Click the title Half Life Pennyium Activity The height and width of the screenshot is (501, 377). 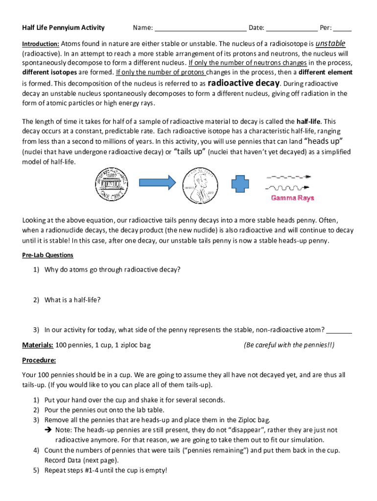pyautogui.click(x=63, y=27)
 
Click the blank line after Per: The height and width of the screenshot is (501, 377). pyautogui.click(x=343, y=28)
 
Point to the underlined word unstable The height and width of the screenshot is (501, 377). pyautogui.click(x=330, y=43)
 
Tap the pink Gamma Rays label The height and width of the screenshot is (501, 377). pyautogui.click(x=293, y=198)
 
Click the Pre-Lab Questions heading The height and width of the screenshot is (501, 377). pyautogui.click(x=47, y=255)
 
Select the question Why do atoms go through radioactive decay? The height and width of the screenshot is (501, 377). pyautogui.click(x=112, y=269)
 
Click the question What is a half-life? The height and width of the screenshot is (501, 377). pyautogui.click(x=72, y=299)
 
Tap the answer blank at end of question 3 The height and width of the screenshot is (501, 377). pyautogui.click(x=339, y=330)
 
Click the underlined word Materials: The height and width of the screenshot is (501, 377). pyautogui.click(x=38, y=345)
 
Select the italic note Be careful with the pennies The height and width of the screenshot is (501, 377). pyautogui.click(x=289, y=345)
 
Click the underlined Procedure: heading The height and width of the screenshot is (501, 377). pyautogui.click(x=39, y=361)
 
